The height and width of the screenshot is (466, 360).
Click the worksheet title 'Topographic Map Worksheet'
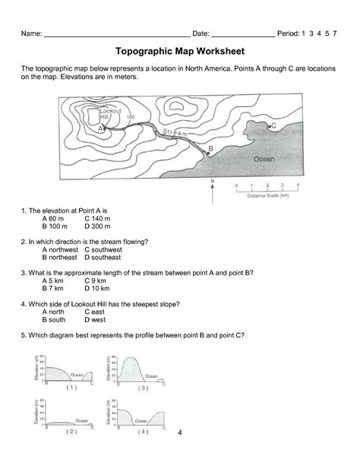pos(179,52)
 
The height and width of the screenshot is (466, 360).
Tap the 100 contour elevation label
pos(130,117)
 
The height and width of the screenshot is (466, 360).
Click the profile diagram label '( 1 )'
pos(71,387)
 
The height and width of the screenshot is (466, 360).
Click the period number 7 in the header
pos(333,34)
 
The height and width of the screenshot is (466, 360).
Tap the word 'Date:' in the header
pos(201,34)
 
